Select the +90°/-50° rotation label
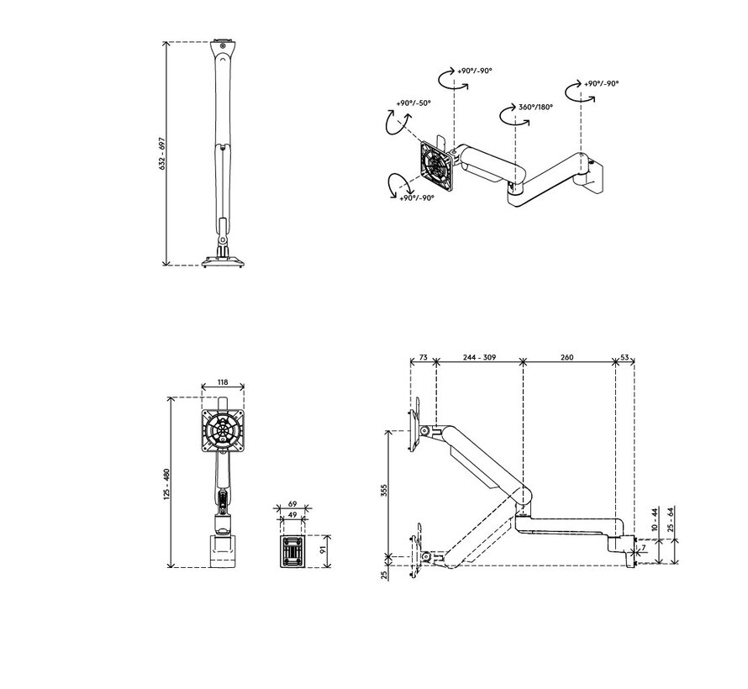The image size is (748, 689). pos(413,103)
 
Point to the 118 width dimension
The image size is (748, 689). pos(223,382)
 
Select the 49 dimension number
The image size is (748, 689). pos(293,515)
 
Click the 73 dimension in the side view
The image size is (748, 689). pos(423,357)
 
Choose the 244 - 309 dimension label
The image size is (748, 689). pos(479,357)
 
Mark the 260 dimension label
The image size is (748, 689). pos(566,357)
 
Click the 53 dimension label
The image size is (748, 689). pos(624,357)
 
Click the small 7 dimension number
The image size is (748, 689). pos(643,548)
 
